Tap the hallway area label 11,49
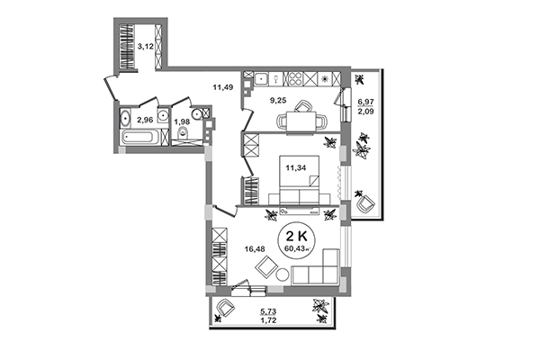(222, 87)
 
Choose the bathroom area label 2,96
(144, 119)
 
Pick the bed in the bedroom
(296, 190)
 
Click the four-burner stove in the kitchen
(324, 78)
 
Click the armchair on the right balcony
(364, 203)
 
